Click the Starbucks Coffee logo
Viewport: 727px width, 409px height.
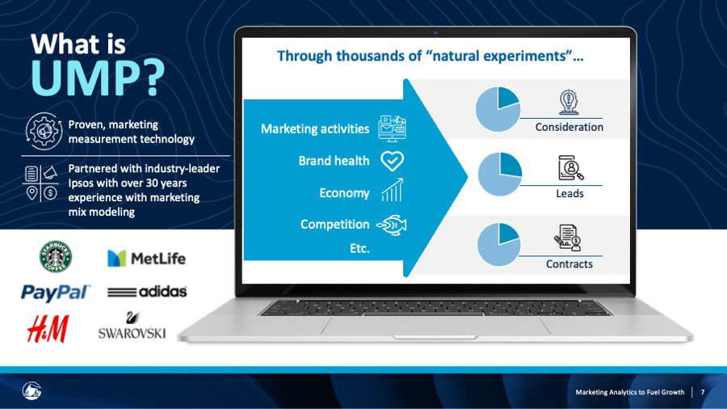tap(56, 256)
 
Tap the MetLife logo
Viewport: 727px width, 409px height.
tap(146, 259)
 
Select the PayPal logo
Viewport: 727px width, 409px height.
tap(56, 293)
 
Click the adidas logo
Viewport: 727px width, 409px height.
tap(147, 292)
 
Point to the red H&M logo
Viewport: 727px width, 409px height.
tap(48, 329)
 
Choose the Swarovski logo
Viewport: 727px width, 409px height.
tap(132, 326)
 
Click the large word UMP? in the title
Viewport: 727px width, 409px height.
tap(98, 78)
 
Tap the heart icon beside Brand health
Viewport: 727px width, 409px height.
tap(393, 161)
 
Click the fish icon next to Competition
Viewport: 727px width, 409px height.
tap(392, 226)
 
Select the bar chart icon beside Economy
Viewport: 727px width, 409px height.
tap(393, 190)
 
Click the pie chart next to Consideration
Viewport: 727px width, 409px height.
tap(498, 109)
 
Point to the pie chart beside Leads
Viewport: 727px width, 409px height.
tap(500, 175)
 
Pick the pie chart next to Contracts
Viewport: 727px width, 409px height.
tap(498, 244)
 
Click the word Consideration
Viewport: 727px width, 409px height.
tap(569, 127)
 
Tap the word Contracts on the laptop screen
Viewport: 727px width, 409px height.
tap(569, 264)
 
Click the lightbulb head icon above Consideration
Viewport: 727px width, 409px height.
tap(569, 102)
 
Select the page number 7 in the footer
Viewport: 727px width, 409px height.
tap(703, 392)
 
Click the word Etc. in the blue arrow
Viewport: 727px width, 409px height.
tap(359, 249)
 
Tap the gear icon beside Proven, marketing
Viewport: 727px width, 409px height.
tap(44, 131)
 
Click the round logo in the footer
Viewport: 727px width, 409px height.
tap(32, 390)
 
